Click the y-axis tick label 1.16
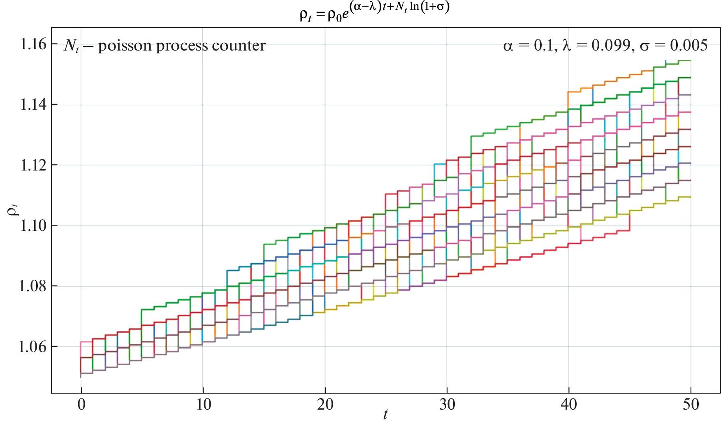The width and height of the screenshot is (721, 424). click(x=33, y=44)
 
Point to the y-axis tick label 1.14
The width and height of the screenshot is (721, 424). click(x=33, y=105)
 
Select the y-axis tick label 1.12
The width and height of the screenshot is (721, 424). click(x=33, y=165)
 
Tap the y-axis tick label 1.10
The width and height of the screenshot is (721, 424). click(x=33, y=226)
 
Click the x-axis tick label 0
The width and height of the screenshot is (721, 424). click(x=81, y=405)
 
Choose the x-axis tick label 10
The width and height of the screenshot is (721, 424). click(x=203, y=405)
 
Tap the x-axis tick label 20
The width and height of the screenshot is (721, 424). click(x=325, y=405)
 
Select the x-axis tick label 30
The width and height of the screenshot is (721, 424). click(x=447, y=405)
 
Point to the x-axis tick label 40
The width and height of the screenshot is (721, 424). click(x=569, y=405)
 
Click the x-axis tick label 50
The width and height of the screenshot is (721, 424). click(x=691, y=405)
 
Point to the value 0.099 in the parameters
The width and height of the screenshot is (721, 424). click(x=611, y=45)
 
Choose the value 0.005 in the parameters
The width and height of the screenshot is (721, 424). click(x=689, y=45)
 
